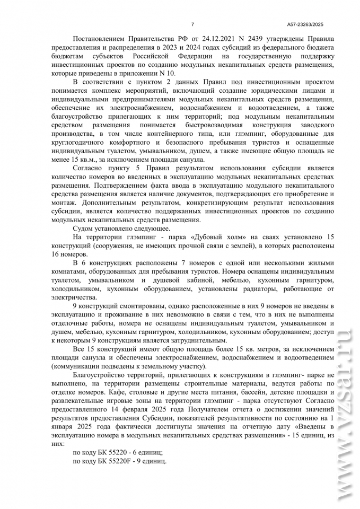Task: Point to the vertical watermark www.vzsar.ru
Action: click(x=343, y=414)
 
